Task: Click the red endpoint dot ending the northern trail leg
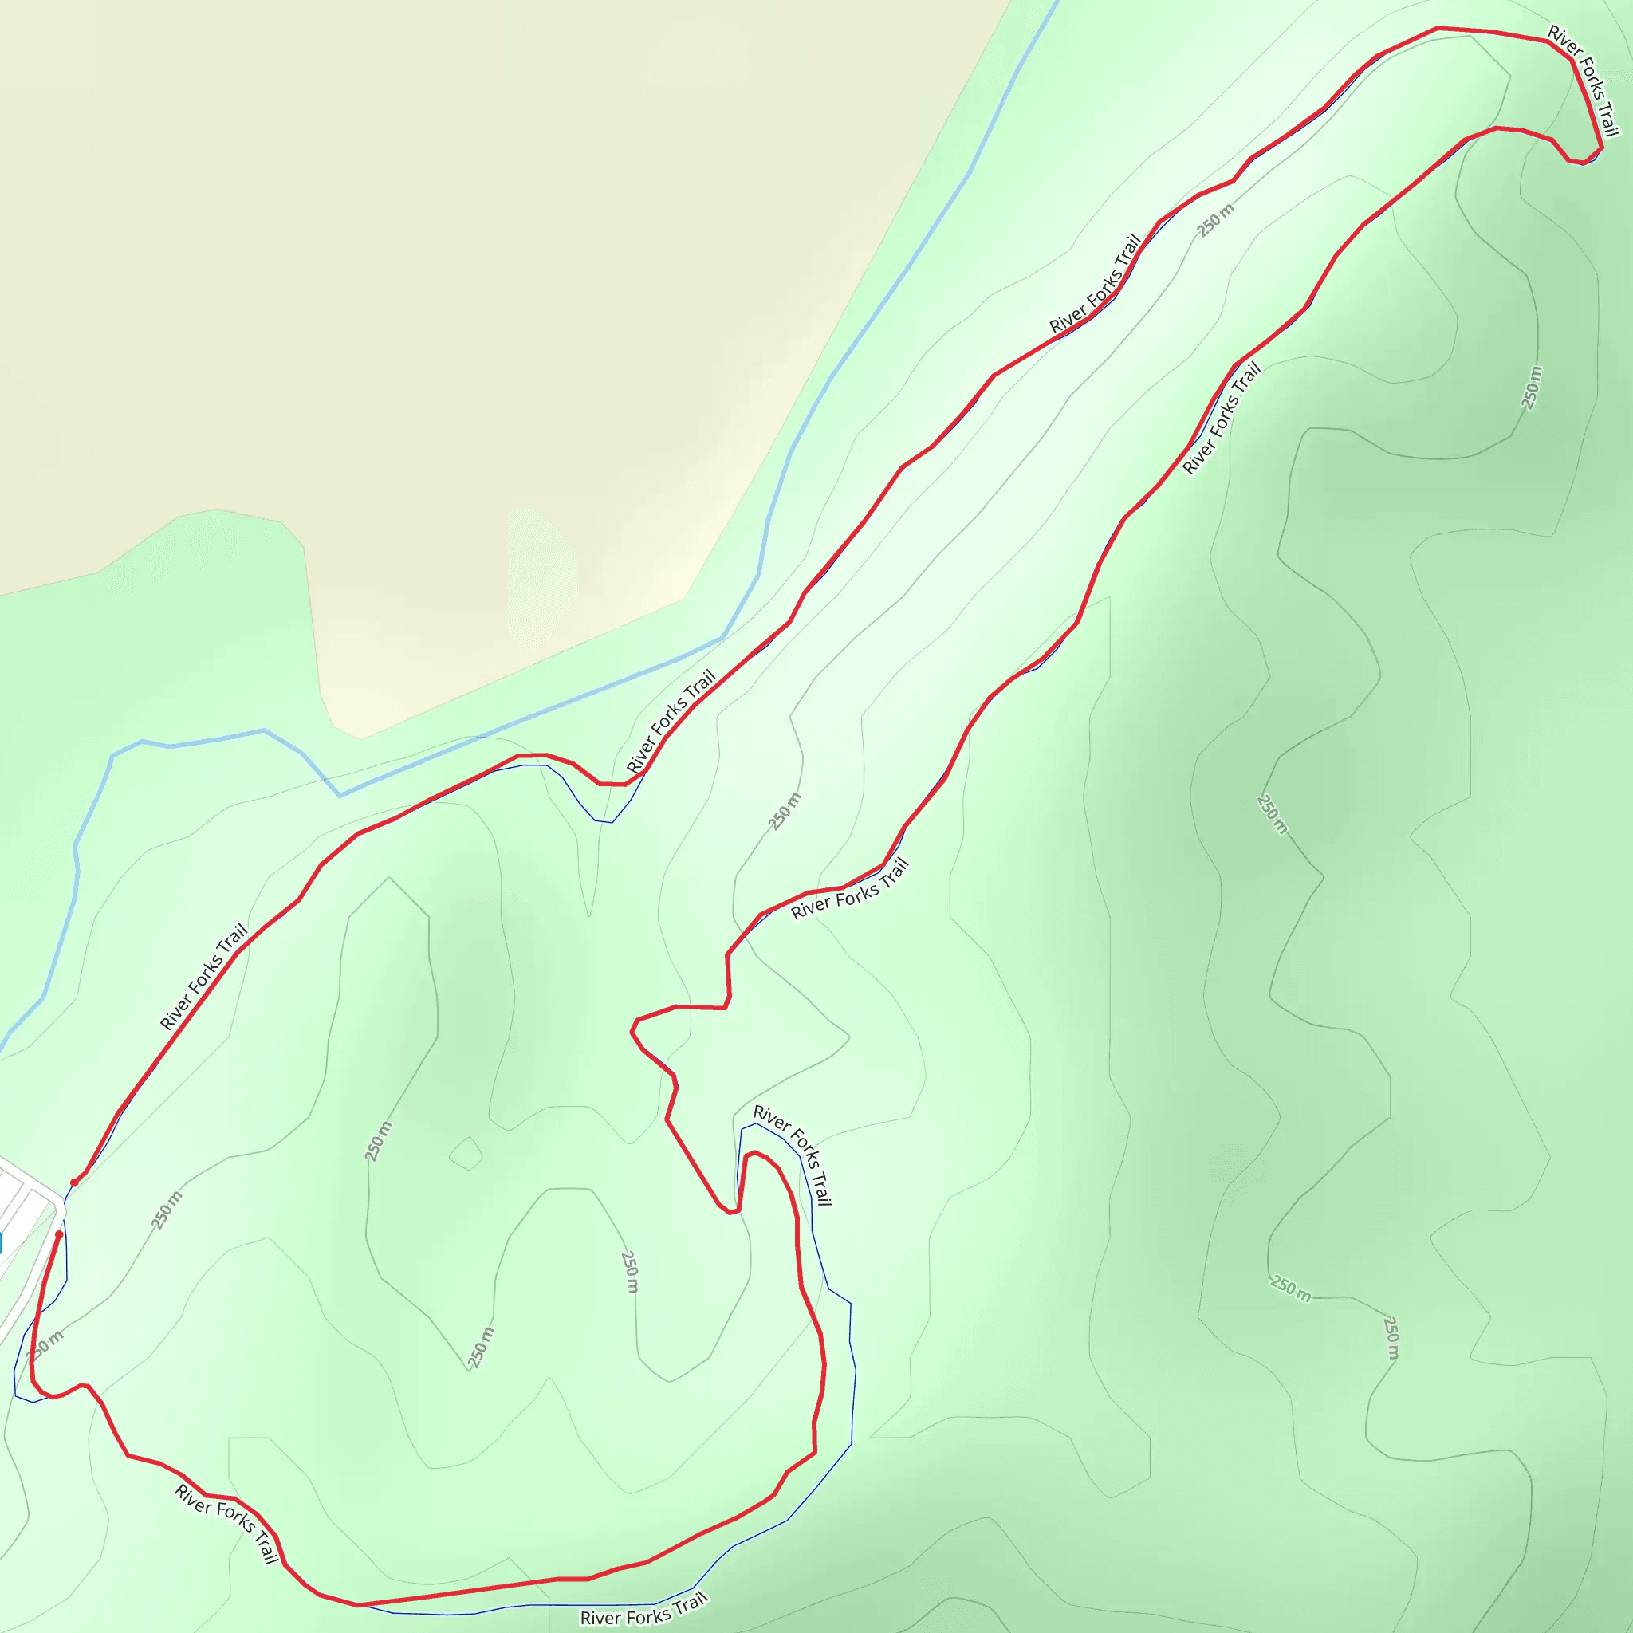(x=74, y=1182)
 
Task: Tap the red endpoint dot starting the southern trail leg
(x=59, y=1234)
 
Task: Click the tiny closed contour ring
(x=466, y=1153)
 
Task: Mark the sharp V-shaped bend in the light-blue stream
(x=340, y=795)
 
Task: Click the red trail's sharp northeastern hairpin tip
(x=1601, y=149)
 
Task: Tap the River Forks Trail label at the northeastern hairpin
(x=1583, y=81)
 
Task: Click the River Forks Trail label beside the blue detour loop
(x=793, y=1155)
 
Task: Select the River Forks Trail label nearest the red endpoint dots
(x=203, y=976)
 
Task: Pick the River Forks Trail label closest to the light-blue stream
(x=671, y=720)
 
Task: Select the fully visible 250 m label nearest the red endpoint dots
(x=167, y=1210)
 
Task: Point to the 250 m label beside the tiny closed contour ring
(x=378, y=1141)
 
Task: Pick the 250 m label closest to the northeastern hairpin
(x=1532, y=388)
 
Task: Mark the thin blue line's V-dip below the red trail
(x=604, y=821)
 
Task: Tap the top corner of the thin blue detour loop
(x=756, y=1123)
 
